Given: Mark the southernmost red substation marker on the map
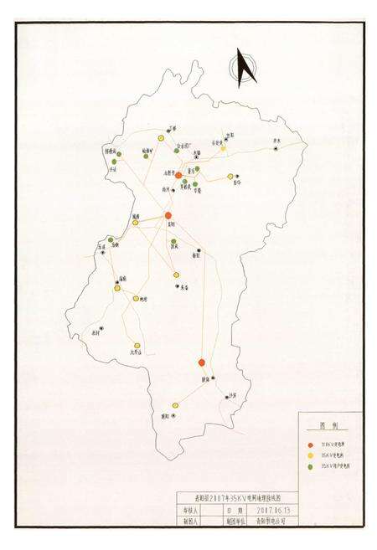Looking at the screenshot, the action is point(202,362).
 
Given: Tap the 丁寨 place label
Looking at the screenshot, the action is point(174,127).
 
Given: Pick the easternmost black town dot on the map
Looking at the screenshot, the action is point(276,148).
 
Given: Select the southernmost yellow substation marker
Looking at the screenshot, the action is point(134,344).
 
